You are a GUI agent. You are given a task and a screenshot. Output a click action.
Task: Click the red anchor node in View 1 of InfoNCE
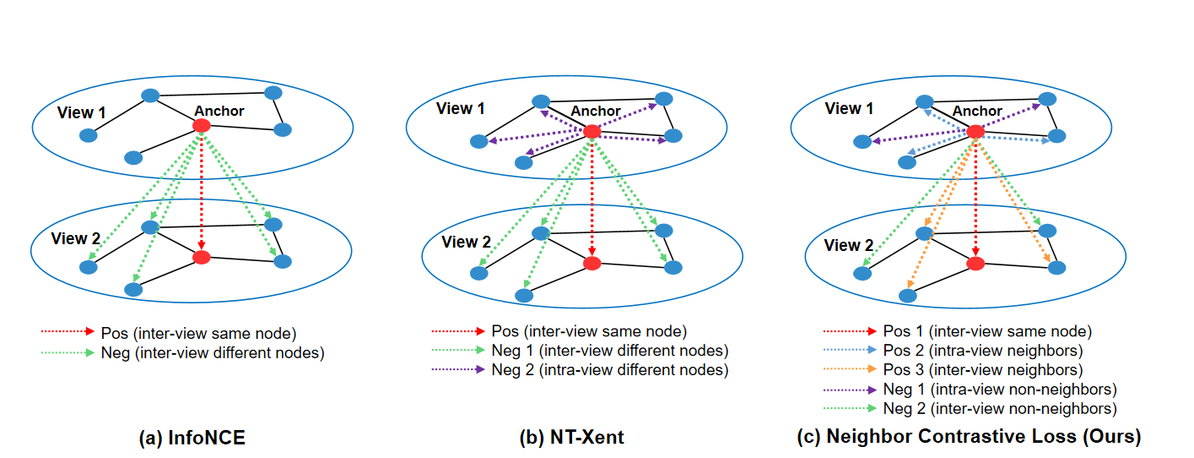pyautogui.click(x=201, y=125)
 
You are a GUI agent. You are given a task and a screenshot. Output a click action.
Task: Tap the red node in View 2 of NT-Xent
pyautogui.click(x=592, y=263)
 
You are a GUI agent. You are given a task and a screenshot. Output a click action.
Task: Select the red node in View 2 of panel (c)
pyautogui.click(x=975, y=264)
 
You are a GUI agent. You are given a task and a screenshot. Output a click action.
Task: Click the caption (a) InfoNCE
pyautogui.click(x=192, y=438)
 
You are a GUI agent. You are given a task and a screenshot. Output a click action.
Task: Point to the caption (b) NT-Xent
pyautogui.click(x=572, y=438)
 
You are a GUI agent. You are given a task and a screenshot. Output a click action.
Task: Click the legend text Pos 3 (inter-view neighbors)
pyautogui.click(x=983, y=370)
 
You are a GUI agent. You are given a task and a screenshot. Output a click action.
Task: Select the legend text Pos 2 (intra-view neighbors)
pyautogui.click(x=982, y=351)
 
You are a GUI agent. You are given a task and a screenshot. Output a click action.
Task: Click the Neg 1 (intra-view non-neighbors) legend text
pyautogui.click(x=1000, y=390)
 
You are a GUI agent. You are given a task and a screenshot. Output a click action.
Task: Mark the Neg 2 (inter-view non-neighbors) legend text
pyautogui.click(x=1000, y=409)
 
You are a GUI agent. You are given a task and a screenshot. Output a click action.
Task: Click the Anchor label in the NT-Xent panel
pyautogui.click(x=596, y=111)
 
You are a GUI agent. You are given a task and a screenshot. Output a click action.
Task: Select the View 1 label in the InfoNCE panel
pyautogui.click(x=82, y=112)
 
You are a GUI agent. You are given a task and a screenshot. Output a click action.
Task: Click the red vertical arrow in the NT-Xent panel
pyautogui.click(x=592, y=199)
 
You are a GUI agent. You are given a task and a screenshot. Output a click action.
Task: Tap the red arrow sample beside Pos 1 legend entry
pyautogui.click(x=847, y=331)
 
